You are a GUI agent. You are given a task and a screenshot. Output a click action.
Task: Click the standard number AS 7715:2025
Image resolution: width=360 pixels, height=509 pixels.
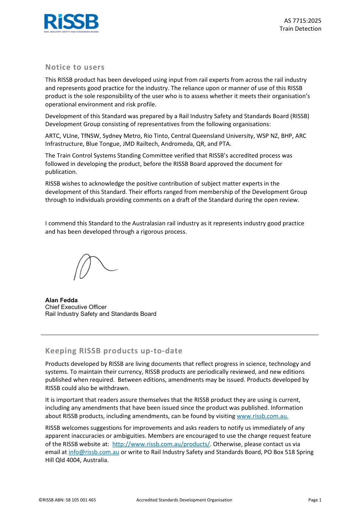[302, 21]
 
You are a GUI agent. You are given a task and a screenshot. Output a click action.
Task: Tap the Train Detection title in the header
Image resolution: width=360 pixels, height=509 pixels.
[300, 29]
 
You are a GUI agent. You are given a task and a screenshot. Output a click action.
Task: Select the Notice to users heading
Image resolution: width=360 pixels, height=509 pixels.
[75, 67]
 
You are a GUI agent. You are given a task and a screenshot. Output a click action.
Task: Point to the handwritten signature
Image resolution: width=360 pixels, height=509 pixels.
[95, 266]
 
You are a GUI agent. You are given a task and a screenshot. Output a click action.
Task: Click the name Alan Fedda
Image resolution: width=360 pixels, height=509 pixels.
[61, 300]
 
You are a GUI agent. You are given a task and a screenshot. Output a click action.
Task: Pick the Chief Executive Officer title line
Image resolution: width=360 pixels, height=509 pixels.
[76, 307]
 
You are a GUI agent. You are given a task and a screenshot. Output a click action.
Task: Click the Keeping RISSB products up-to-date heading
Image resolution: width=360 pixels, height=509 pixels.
[114, 351]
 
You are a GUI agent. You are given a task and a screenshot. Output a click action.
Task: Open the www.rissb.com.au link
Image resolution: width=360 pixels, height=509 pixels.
[262, 416]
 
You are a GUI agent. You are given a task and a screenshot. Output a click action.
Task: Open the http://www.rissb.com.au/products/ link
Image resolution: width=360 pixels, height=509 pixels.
[161, 444]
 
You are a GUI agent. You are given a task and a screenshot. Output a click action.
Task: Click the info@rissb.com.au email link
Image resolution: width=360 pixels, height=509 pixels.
[94, 452]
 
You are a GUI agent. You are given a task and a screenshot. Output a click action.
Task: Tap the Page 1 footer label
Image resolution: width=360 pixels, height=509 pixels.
[315, 500]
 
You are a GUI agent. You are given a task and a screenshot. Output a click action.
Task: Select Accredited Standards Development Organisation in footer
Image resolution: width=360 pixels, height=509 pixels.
[184, 500]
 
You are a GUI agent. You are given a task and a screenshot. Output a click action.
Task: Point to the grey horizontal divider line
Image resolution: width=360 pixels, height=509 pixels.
[180, 335]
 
